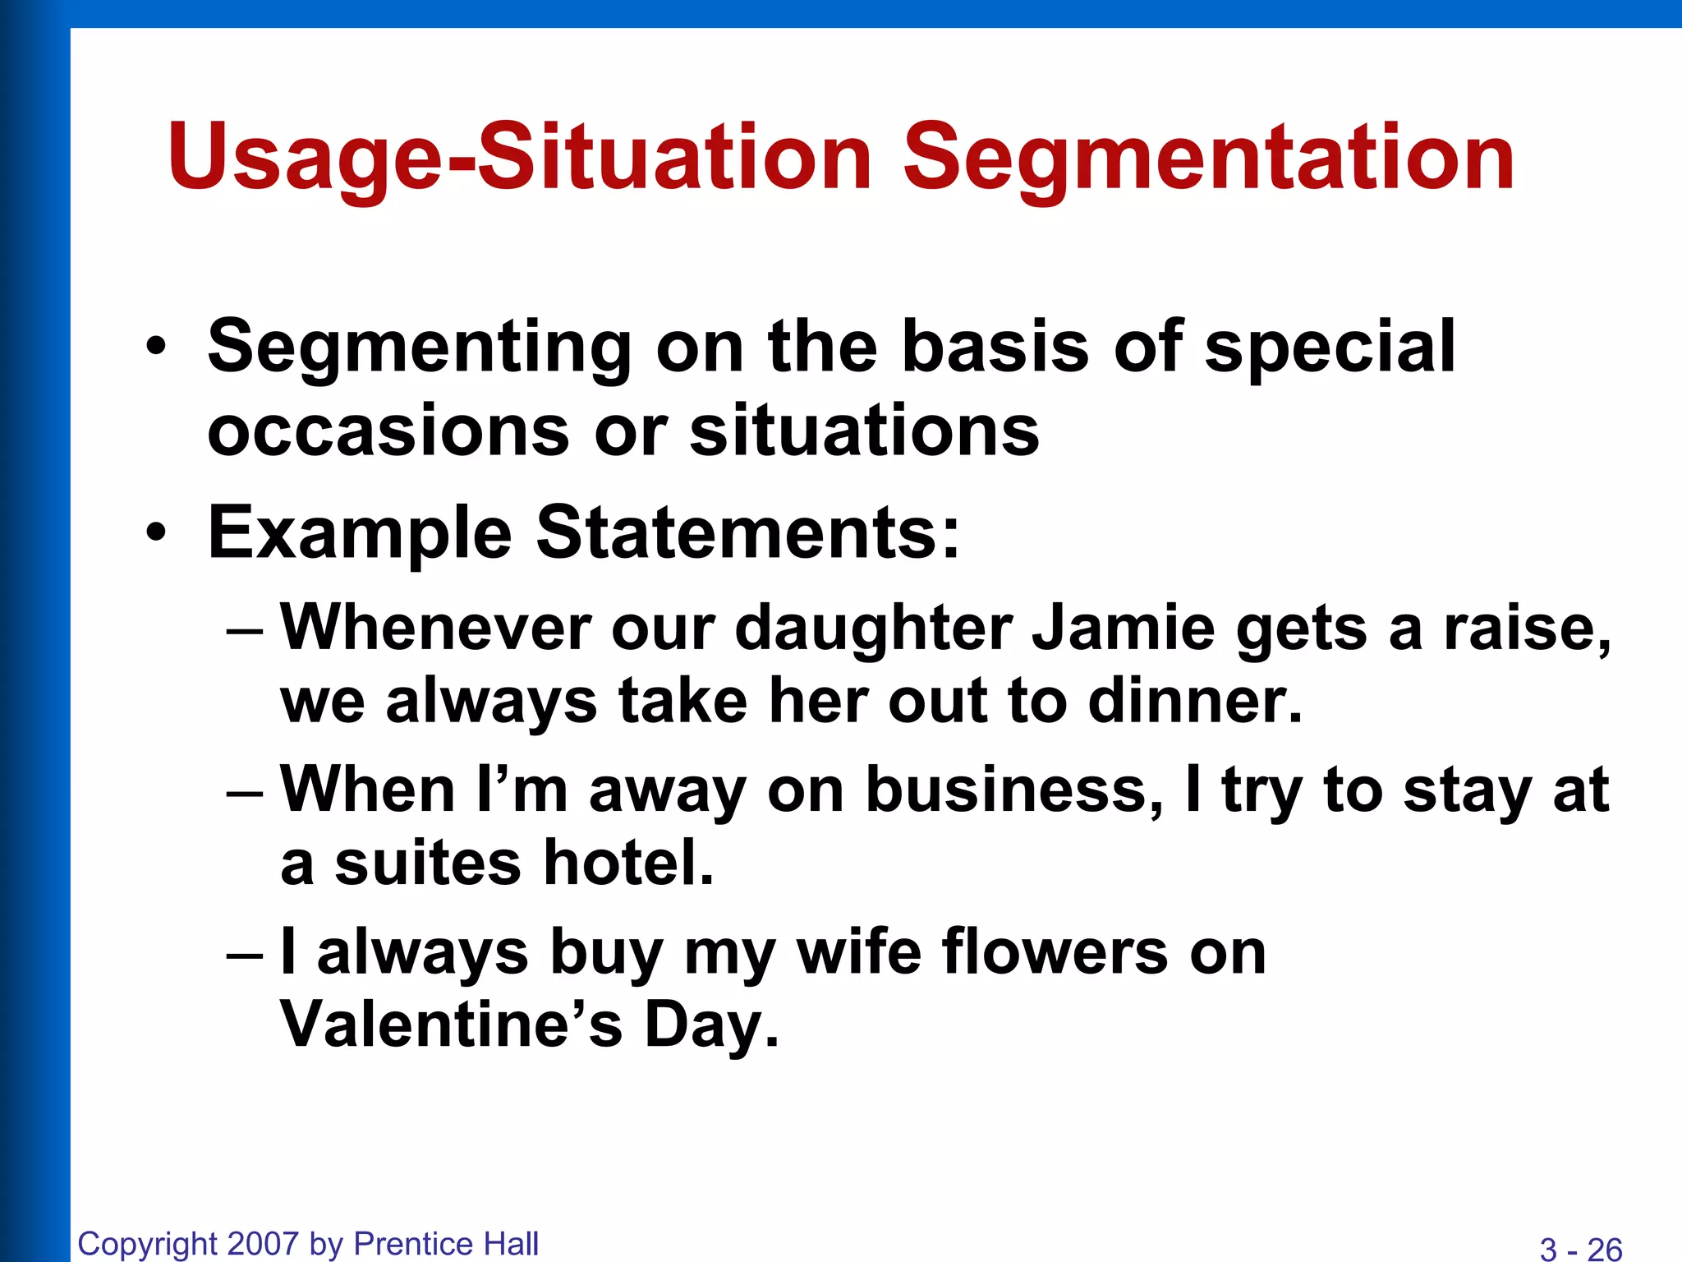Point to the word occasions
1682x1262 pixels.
388,431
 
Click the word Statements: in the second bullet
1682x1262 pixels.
747,532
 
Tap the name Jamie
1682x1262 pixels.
1124,629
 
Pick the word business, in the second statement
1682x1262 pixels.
1015,790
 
